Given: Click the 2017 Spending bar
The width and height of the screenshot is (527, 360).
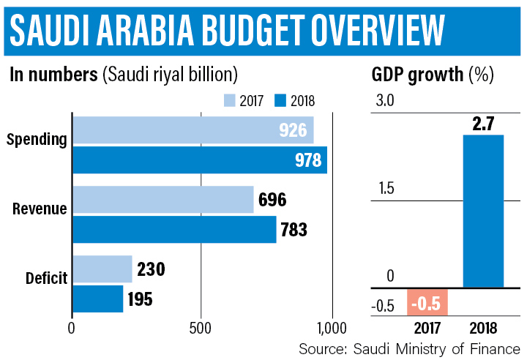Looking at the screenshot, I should coord(193,130).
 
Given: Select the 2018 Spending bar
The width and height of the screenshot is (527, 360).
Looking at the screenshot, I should coord(199,160).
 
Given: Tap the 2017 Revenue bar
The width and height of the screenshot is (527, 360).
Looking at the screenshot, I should coord(162,199).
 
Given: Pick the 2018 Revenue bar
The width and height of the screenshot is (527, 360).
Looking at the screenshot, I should coord(174,229).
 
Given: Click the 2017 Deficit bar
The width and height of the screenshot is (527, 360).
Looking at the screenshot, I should coord(102,269).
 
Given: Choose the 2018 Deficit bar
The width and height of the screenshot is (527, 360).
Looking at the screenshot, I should coord(97,299).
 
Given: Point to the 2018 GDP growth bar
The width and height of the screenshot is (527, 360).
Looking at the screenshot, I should coord(483,211).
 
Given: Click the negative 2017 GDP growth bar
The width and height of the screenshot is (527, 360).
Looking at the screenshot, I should coord(427,302).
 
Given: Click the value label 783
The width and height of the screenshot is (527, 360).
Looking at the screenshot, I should coord(293,230).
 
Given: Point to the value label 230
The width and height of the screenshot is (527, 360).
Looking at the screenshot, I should coord(151,269).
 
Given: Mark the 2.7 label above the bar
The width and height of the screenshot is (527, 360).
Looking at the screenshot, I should coord(483,124).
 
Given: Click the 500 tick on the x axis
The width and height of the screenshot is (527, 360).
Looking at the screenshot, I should coord(201,328).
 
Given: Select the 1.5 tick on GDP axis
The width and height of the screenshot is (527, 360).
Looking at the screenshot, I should coord(384,189).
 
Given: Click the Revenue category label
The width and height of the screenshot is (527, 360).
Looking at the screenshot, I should coord(40,209).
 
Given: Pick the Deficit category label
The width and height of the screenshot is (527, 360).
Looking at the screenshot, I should coord(46,278).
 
